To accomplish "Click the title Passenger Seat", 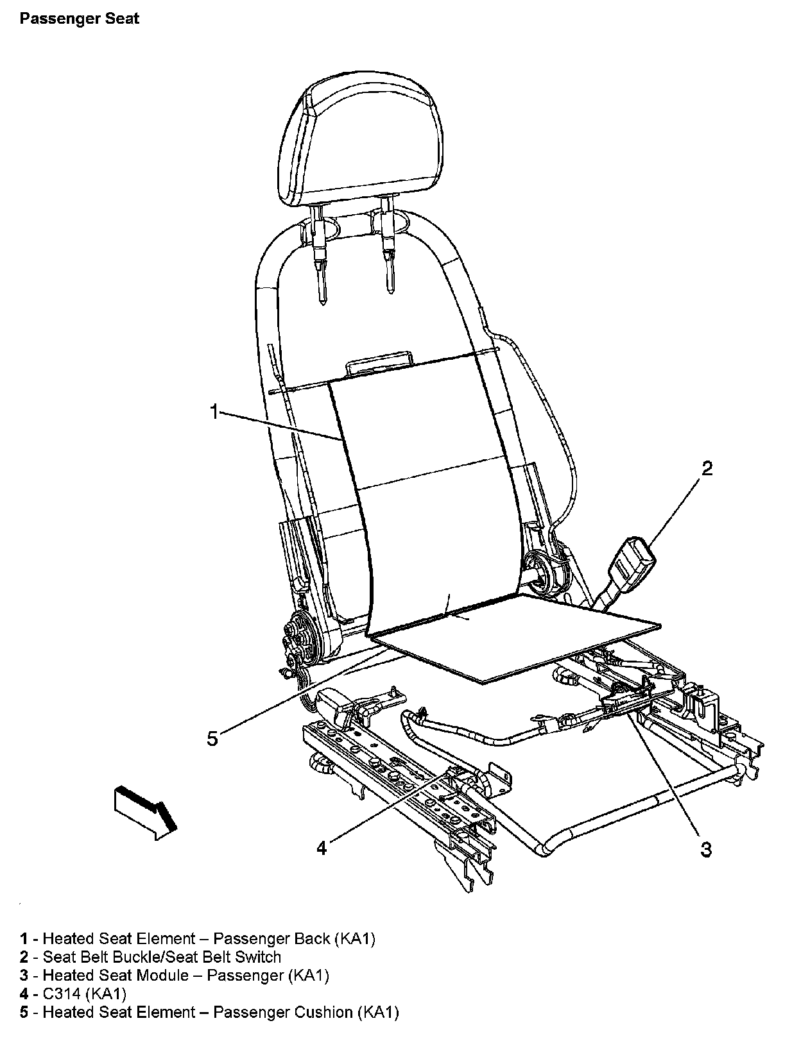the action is [x=79, y=19].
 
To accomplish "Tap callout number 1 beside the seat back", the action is [x=215, y=411].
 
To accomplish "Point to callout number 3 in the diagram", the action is [x=706, y=849].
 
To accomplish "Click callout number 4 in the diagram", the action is [x=322, y=848].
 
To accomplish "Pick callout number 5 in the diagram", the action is [x=212, y=738].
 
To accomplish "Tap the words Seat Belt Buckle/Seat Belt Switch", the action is [x=162, y=957].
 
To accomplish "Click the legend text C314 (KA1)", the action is [x=84, y=994].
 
